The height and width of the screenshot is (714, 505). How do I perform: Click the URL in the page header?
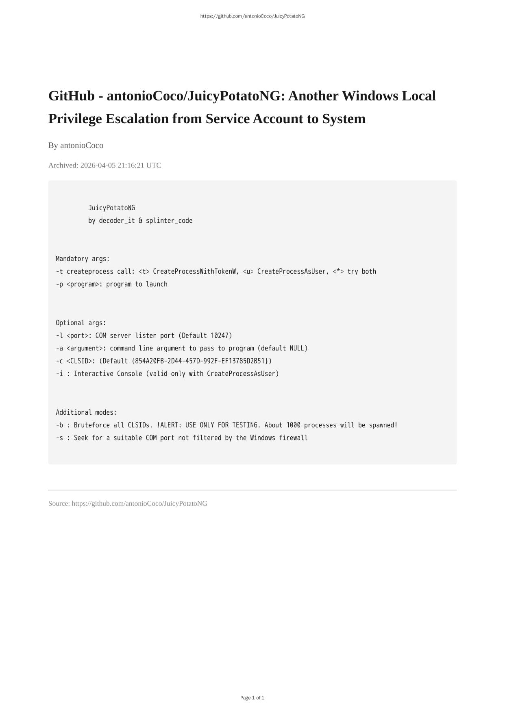(x=252, y=16)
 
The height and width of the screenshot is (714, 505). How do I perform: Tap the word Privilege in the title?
(x=75, y=119)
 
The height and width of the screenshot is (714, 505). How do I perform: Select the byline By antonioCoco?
(x=76, y=145)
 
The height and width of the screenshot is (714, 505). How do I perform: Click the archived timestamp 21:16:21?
(x=131, y=165)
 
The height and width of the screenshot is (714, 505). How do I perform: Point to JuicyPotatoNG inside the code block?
(x=111, y=208)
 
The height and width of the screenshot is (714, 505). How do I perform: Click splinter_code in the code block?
(x=169, y=220)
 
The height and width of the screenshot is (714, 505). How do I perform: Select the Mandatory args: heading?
(x=83, y=259)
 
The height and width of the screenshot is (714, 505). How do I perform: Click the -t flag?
(x=59, y=271)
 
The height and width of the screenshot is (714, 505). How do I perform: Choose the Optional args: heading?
(x=81, y=323)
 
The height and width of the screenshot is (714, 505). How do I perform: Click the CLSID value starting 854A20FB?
(x=202, y=361)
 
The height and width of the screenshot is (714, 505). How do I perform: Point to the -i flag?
(x=59, y=374)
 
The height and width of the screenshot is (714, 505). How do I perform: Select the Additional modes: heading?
(x=86, y=412)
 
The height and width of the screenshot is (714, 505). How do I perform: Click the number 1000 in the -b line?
(x=293, y=425)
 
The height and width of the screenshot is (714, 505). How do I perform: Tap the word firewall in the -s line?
(x=293, y=438)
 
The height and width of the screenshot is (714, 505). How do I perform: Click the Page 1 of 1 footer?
(x=252, y=698)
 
